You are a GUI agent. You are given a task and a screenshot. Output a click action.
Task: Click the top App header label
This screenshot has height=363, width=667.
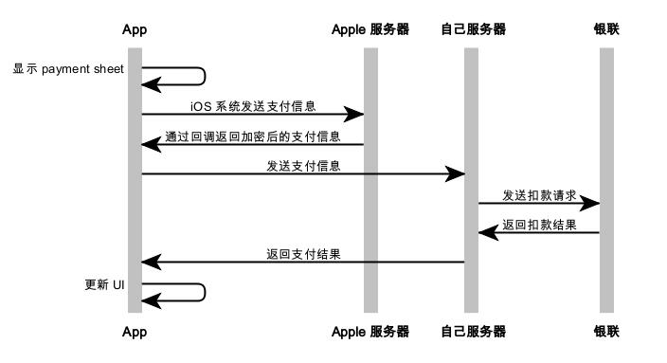pos(135,29)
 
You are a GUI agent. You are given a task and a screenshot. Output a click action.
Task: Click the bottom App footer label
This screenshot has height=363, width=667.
pos(135,332)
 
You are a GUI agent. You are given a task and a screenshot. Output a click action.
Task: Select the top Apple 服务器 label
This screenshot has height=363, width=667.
pos(370,29)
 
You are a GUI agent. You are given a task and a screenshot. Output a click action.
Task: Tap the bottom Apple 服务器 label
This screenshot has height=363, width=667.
pos(370,332)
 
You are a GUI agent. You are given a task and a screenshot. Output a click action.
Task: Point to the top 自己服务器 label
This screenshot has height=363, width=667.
pos(473,29)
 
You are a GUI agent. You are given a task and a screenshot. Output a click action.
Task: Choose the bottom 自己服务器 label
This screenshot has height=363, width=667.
pos(473,332)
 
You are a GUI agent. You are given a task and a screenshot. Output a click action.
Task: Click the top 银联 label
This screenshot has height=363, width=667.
pos(606,29)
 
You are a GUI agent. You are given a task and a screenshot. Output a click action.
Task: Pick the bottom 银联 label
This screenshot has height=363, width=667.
pos(606,332)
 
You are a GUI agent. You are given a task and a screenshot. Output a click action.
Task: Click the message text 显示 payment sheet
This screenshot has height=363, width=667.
pos(68,69)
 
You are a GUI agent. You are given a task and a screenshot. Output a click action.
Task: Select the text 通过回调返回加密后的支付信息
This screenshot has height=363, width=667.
pos(253,136)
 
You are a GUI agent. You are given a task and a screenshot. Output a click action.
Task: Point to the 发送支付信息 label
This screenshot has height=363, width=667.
pos(303,166)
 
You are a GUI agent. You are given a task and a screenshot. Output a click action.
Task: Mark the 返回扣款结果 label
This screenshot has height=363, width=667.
pos(539,225)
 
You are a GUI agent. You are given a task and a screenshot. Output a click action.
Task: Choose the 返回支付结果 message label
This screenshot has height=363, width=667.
pos(303,254)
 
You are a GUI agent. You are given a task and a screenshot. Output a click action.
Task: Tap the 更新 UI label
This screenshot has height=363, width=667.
pos(104,284)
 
